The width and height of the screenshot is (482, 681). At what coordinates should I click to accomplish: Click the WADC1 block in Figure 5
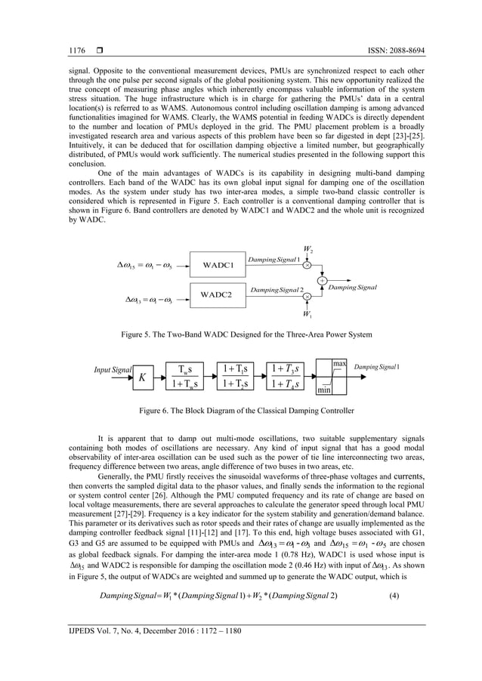(x=217, y=265)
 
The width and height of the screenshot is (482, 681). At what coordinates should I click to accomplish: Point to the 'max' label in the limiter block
(x=339, y=364)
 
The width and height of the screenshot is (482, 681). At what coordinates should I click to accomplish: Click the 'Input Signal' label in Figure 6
(x=112, y=370)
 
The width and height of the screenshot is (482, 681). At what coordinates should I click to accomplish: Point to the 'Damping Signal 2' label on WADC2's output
(x=277, y=290)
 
